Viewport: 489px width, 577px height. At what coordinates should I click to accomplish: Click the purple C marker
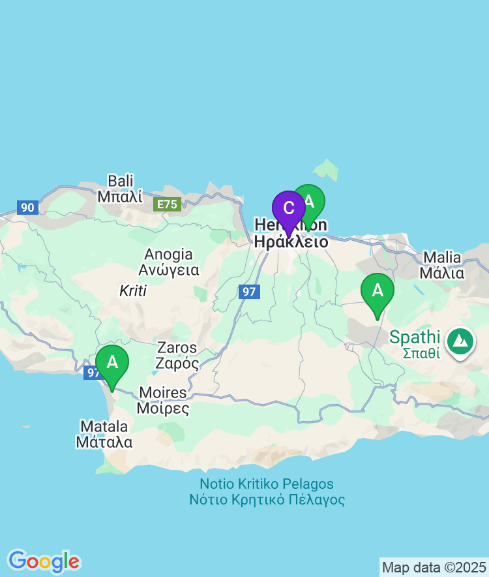tap(289, 209)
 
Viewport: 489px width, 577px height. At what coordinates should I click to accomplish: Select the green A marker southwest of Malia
tap(377, 290)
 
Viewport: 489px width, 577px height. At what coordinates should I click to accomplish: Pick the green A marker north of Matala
tap(112, 362)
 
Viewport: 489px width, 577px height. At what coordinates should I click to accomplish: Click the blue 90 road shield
tap(27, 208)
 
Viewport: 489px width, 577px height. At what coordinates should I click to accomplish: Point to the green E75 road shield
tap(167, 204)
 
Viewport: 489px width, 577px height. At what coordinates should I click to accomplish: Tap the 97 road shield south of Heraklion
tap(249, 291)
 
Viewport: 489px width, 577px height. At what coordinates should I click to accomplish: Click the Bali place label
tap(120, 188)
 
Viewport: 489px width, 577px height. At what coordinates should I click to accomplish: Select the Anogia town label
tap(168, 261)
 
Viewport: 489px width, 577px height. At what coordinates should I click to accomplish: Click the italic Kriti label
tap(133, 291)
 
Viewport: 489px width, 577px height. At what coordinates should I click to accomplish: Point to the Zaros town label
tap(177, 355)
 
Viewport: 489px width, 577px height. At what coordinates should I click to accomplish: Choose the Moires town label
tap(162, 401)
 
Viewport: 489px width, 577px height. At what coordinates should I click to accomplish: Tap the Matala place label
tap(104, 434)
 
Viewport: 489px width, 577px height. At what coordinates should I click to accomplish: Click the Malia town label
tap(442, 265)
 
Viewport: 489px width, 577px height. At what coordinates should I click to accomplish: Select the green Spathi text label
tap(415, 345)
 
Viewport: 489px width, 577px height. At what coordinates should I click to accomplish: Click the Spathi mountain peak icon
tap(461, 341)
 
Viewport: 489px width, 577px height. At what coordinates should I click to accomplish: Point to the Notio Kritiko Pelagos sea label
tap(267, 492)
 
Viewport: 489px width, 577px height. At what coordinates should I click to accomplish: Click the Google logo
tap(44, 561)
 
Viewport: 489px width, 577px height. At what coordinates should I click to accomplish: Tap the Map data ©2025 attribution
tap(434, 567)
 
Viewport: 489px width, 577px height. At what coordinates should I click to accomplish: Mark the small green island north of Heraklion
tap(327, 170)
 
